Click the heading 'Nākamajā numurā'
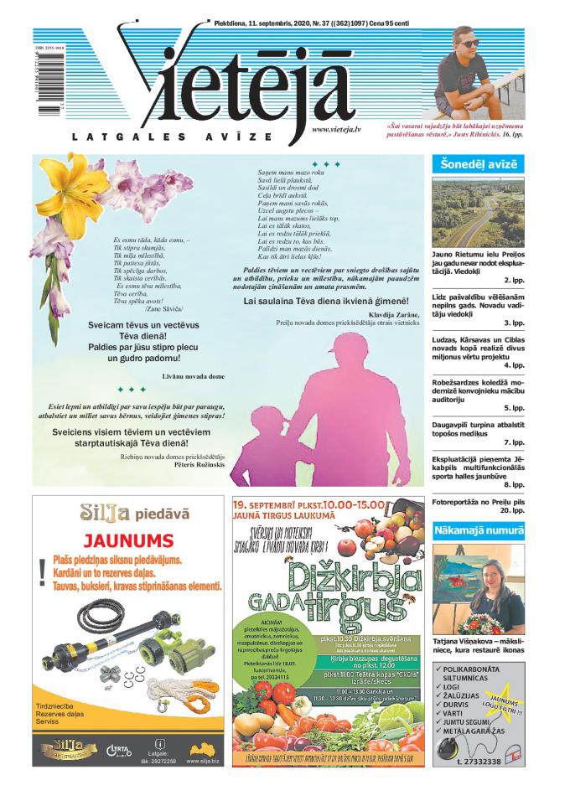[x=479, y=531]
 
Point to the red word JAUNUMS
[x=128, y=540]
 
